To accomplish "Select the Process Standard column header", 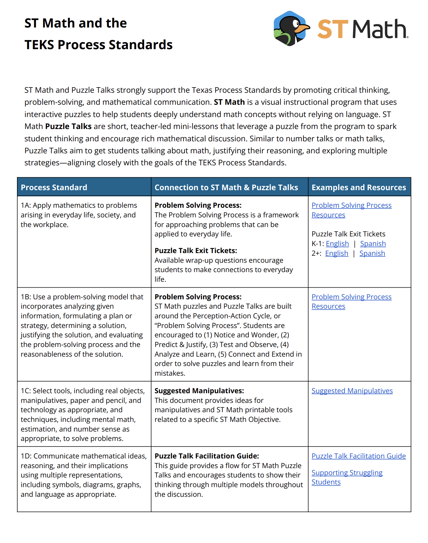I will point(54,187).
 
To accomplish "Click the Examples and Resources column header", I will point(359,187).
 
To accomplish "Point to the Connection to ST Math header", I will point(226,187).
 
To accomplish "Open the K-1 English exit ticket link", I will point(337,244).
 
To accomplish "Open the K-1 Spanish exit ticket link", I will point(373,244).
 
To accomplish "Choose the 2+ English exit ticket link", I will point(337,253).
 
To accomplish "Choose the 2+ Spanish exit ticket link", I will point(372,253).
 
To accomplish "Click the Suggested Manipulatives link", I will point(352,391).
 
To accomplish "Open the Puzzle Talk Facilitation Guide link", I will point(358,456).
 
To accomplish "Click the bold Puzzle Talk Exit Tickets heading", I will point(196,251).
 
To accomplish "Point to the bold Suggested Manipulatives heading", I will point(199,391).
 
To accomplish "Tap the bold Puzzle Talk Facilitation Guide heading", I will point(207,456).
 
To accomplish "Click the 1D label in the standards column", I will point(26,456).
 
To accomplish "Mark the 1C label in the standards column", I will point(26,391).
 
